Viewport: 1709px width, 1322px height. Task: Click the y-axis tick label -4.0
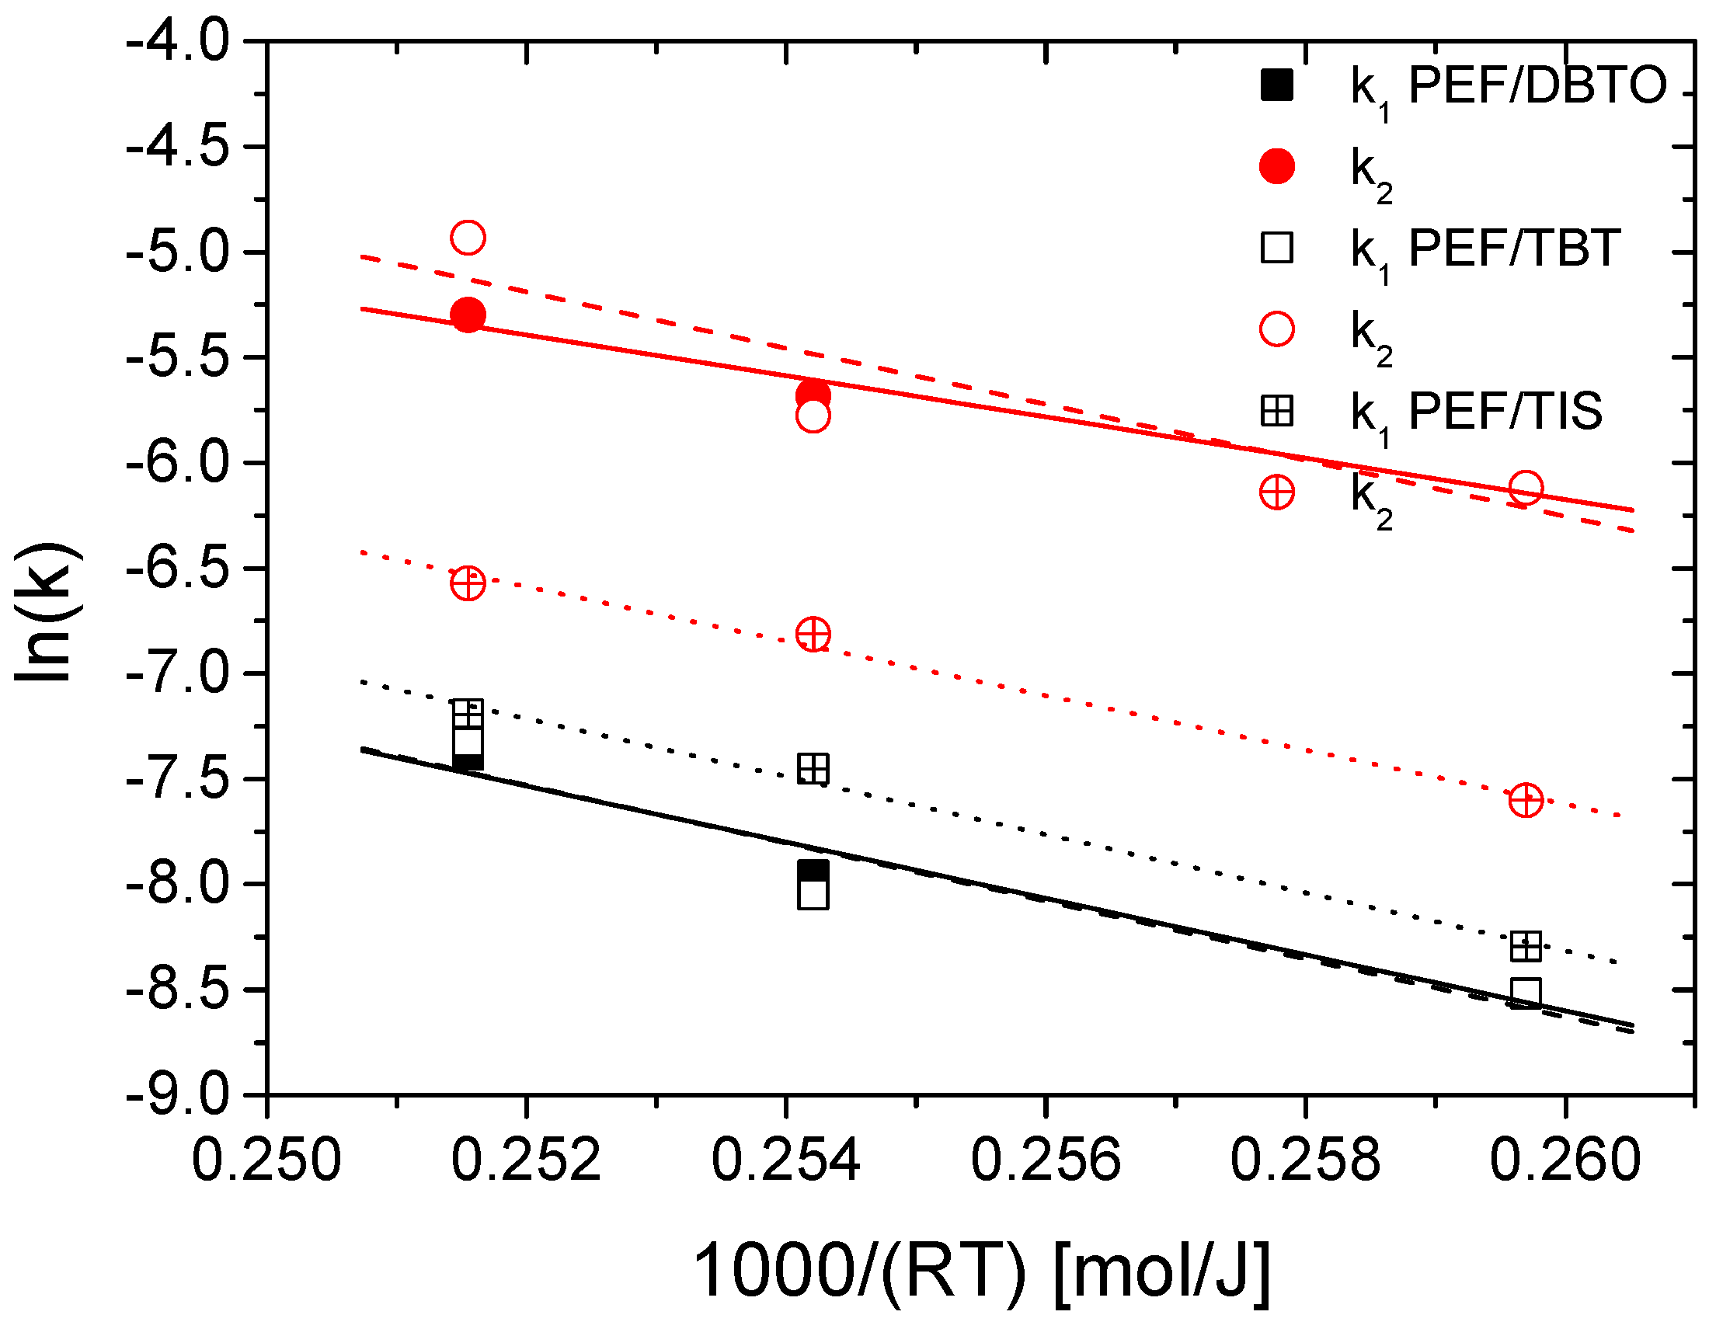178,40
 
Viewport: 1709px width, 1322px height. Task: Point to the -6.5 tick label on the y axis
178,568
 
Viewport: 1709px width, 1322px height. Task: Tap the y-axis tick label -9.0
178,1094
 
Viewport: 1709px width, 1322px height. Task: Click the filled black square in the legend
1277,85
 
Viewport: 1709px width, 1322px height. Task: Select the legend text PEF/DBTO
1537,85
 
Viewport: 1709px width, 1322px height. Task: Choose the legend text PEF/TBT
1514,248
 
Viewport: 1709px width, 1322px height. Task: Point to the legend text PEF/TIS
1505,411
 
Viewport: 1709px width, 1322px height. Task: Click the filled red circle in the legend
1277,167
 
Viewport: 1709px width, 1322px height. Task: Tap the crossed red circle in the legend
1277,492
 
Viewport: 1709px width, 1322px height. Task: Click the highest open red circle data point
468,237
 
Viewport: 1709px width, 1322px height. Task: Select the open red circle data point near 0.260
1526,488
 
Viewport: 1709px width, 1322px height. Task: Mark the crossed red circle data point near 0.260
1526,800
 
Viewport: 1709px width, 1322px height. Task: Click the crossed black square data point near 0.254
813,769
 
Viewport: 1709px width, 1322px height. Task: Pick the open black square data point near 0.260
1526,993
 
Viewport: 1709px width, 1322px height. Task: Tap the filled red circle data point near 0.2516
468,315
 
